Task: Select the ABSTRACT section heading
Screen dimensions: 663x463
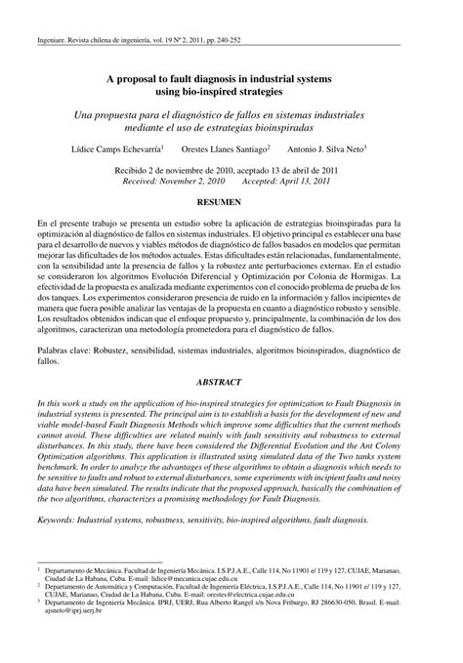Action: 231,385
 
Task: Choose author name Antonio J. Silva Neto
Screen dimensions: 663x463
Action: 327,149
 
